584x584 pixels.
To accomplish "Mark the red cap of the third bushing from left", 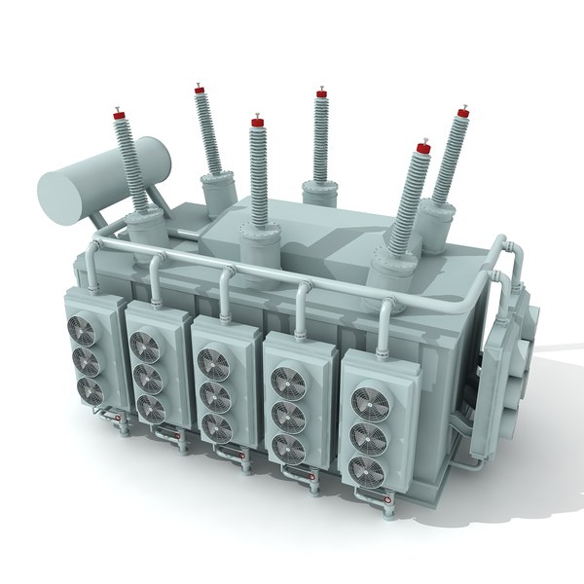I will (258, 122).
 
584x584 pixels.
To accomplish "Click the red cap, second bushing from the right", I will (422, 149).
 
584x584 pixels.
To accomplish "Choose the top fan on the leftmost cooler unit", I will (82, 331).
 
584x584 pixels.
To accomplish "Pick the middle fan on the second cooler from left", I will (148, 375).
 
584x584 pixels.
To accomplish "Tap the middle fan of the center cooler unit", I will (215, 394).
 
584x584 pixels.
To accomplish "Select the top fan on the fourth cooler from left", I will (289, 383).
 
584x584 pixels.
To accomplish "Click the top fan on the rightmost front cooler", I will (368, 401).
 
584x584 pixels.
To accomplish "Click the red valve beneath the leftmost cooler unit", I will (119, 420).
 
